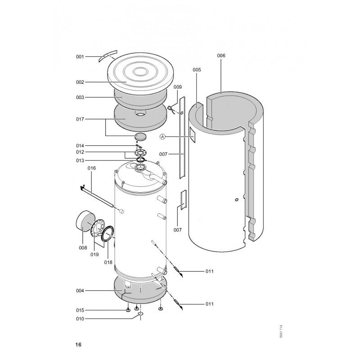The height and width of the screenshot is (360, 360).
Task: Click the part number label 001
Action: click(x=80, y=57)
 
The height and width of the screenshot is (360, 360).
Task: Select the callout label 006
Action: click(x=221, y=55)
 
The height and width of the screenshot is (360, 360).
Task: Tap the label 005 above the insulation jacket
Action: click(x=197, y=70)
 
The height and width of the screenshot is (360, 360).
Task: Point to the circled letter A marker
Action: click(x=162, y=137)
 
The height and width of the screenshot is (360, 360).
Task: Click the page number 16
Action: click(x=78, y=345)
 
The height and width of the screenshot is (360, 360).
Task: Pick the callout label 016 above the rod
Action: click(x=92, y=168)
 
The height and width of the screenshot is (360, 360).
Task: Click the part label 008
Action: click(x=83, y=248)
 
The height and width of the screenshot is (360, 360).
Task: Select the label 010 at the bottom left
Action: click(x=80, y=319)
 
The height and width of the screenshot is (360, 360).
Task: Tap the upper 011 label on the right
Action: click(x=209, y=271)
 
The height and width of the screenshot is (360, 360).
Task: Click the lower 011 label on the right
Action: click(x=209, y=304)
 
